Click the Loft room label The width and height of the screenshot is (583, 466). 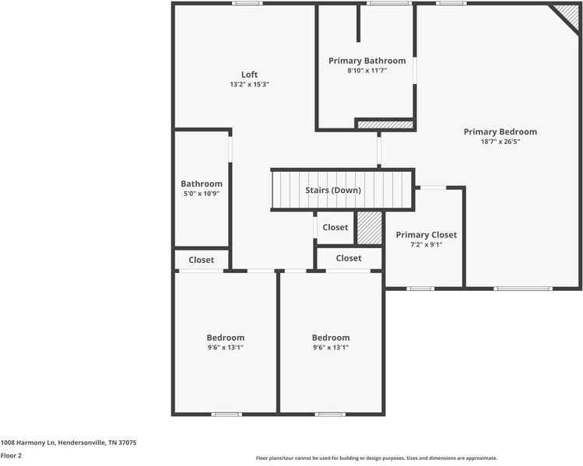(x=249, y=75)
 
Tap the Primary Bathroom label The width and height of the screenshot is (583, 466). (x=367, y=61)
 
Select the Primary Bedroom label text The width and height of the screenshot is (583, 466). (x=500, y=132)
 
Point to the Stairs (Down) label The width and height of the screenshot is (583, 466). (x=332, y=191)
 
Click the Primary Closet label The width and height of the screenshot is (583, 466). (x=426, y=235)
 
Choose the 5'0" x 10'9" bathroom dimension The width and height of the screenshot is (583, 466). (x=201, y=194)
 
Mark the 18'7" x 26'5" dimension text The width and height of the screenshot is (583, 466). (x=500, y=142)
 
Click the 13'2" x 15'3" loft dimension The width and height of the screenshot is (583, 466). (x=249, y=84)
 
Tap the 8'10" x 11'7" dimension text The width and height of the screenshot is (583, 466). (x=367, y=70)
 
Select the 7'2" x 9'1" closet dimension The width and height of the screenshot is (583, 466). (x=426, y=244)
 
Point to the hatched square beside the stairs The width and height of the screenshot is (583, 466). (x=369, y=228)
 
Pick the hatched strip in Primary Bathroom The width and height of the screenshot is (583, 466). (x=384, y=124)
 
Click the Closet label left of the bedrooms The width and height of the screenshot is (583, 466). (x=201, y=260)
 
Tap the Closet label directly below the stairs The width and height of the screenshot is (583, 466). (x=335, y=227)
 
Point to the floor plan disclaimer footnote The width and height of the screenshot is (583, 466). (x=377, y=458)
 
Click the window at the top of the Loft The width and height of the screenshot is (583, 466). (x=247, y=3)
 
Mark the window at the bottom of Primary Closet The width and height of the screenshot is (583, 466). (x=420, y=289)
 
